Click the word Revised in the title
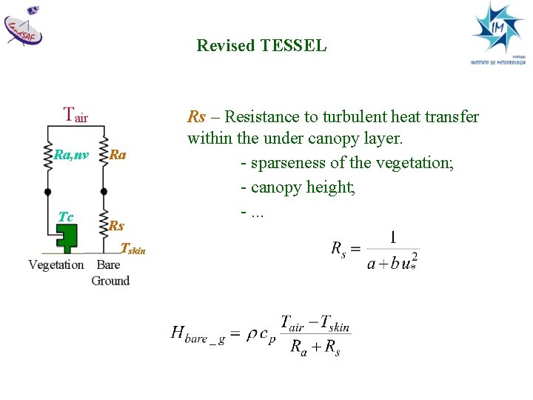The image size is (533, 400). (227, 46)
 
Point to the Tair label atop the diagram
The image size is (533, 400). (76, 115)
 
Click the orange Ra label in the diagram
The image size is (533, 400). (118, 155)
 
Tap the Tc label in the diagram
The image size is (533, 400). (66, 216)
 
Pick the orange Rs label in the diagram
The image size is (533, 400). (116, 226)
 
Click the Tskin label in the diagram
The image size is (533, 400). (133, 249)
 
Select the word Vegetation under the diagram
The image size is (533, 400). (56, 265)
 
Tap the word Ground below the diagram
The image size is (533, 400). (110, 281)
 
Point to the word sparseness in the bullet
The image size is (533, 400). (289, 163)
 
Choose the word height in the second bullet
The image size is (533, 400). (332, 187)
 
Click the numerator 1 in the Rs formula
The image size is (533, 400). (392, 239)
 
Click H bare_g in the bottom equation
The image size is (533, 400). (198, 334)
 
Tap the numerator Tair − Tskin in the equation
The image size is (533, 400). (315, 324)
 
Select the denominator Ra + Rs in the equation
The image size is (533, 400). (315, 347)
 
